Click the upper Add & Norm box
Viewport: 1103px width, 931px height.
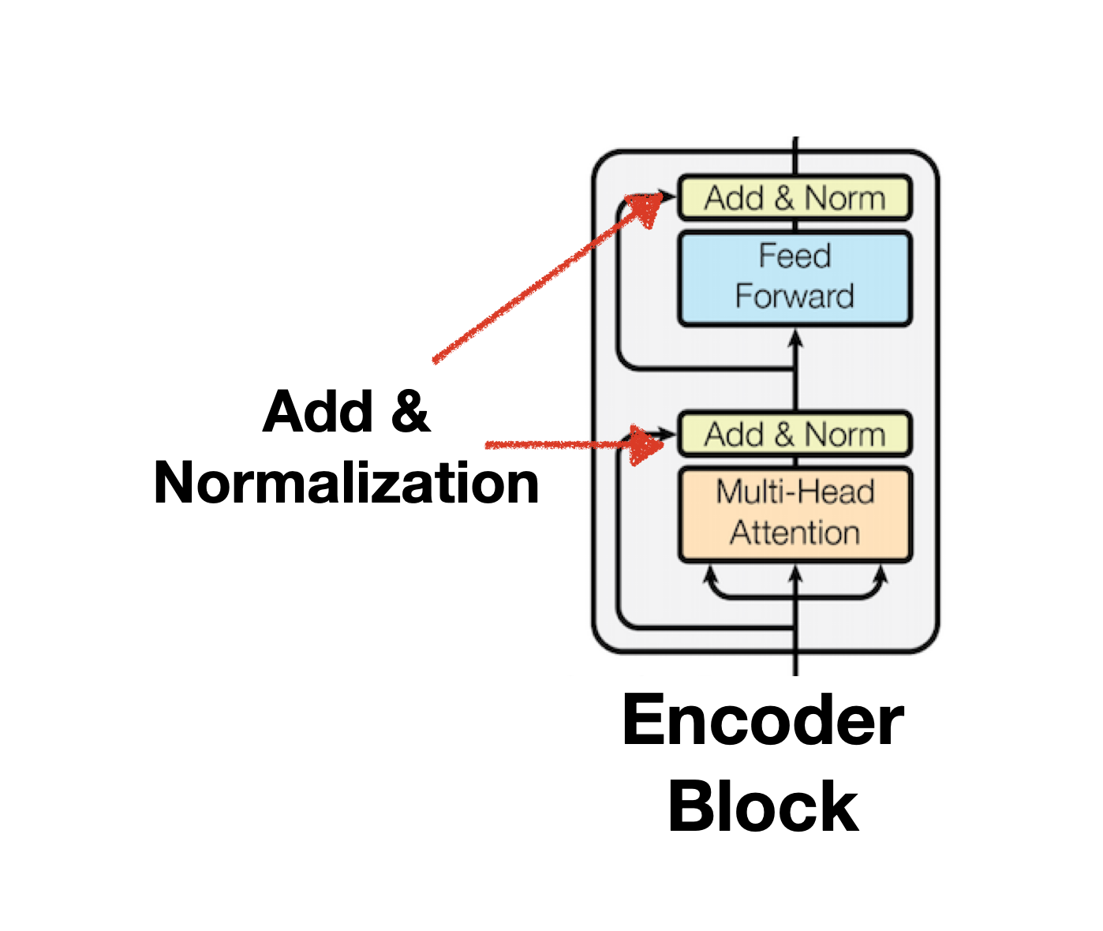click(x=795, y=198)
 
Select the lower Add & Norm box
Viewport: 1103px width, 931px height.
click(x=795, y=435)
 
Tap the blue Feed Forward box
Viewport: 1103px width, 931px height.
click(x=795, y=279)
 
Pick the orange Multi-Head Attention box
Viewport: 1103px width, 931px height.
click(x=795, y=514)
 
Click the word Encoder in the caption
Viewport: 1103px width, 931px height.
click(x=762, y=720)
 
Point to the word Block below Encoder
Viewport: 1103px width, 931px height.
click(x=762, y=806)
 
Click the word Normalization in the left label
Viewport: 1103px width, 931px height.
click(x=346, y=483)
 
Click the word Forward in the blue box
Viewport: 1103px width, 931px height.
click(x=795, y=297)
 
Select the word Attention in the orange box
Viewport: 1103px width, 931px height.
click(x=795, y=533)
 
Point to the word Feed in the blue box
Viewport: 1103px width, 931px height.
click(x=795, y=256)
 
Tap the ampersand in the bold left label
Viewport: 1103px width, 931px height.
click(x=409, y=412)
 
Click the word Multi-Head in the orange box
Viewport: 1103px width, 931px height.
click(x=795, y=492)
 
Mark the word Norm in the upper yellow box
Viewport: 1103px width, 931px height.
click(x=845, y=198)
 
